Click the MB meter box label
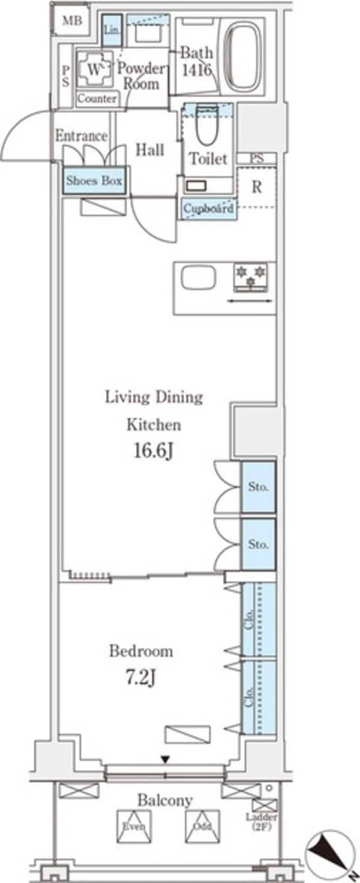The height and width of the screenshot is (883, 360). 73,20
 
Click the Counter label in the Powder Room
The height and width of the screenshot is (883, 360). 97,98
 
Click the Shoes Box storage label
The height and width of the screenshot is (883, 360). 94,181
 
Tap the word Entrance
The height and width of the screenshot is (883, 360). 81,136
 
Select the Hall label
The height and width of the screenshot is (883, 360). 150,150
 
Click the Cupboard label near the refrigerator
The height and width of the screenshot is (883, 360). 209,208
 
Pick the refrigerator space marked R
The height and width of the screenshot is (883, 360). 257,187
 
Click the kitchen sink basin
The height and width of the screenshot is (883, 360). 199,278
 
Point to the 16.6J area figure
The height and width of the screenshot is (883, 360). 154,451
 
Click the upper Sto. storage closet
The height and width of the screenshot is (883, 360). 258,487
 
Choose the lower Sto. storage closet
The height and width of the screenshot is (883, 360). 258,545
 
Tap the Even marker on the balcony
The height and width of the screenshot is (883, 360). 134,826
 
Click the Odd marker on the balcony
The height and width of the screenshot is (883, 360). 203,826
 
